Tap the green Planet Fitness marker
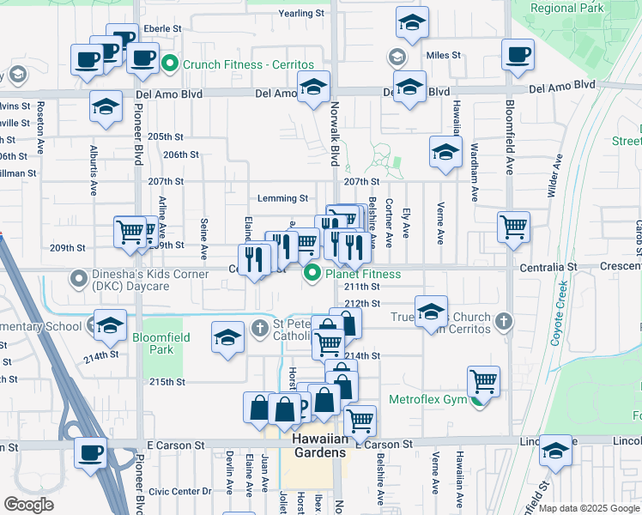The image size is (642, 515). tap(312, 274)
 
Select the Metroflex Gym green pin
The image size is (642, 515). tap(477, 400)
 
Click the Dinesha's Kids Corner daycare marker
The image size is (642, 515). tap(79, 279)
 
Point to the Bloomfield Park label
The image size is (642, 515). tap(160, 343)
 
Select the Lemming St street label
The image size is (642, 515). tap(287, 198)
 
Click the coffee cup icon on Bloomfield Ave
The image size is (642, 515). tap(518, 55)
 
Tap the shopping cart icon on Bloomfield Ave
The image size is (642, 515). tap(513, 227)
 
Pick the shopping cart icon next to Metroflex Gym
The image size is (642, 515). tap(484, 380)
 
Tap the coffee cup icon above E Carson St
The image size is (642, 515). tap(90, 451)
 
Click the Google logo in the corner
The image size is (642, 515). tap(29, 505)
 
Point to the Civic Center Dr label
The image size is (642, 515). tap(179, 492)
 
